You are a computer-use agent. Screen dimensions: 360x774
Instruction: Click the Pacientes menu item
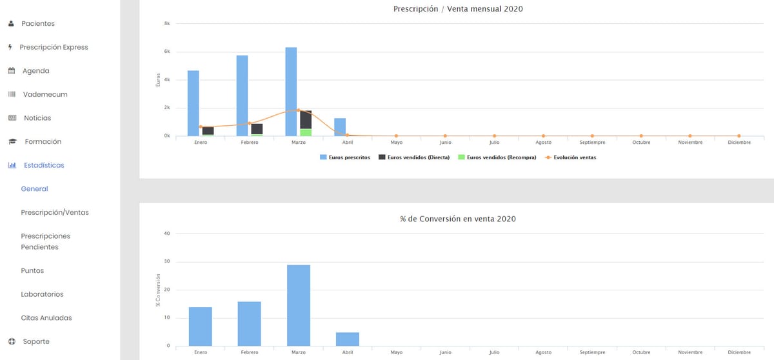[x=37, y=24]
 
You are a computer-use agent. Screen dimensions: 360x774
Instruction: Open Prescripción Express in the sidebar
[x=54, y=47]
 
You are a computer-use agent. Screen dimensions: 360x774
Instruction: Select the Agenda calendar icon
[x=11, y=71]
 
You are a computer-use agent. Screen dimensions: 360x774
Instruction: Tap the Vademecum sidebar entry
[x=45, y=94]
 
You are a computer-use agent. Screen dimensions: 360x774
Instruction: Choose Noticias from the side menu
[x=37, y=118]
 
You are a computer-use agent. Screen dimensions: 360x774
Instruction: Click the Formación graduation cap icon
[x=12, y=142]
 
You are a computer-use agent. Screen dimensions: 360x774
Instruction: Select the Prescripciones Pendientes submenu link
[x=45, y=241]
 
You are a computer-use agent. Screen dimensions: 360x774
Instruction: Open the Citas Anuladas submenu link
[x=46, y=318]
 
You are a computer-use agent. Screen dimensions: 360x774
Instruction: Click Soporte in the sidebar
[x=35, y=341]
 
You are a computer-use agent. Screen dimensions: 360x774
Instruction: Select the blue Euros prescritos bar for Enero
[x=193, y=103]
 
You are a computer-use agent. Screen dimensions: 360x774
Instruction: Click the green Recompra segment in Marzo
[x=306, y=132]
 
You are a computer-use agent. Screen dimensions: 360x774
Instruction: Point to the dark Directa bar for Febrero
[x=257, y=129]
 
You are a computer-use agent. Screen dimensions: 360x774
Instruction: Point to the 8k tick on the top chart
[x=167, y=24]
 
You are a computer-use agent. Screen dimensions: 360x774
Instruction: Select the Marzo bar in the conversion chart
[x=299, y=305]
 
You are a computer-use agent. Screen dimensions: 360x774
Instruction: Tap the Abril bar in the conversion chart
[x=348, y=339]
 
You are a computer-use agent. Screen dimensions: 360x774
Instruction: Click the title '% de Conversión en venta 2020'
[x=458, y=219]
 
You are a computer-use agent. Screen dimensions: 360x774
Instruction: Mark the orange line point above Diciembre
[x=739, y=135]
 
